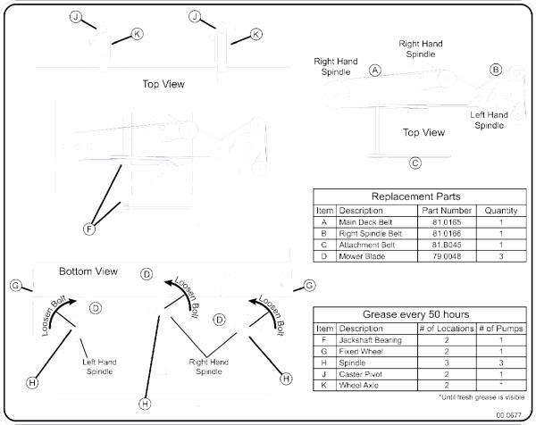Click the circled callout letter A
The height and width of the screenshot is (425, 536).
375,71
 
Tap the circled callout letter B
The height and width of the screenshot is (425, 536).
496,70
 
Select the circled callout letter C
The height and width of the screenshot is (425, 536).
415,163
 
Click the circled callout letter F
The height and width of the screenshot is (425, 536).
89,229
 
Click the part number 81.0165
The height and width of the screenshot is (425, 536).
447,222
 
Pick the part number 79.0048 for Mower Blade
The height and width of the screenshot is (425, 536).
447,256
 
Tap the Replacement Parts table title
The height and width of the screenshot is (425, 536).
415,196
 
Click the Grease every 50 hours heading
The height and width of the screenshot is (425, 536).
415,314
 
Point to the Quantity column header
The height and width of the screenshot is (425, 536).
501,211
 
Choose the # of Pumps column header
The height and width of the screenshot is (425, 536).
501,329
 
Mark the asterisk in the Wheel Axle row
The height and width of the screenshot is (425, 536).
501,384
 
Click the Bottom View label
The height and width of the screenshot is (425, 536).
88,271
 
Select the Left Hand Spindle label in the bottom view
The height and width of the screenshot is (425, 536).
99,367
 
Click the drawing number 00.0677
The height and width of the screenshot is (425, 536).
508,415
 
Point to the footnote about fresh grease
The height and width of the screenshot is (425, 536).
482,397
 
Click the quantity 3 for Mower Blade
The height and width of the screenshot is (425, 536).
501,256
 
